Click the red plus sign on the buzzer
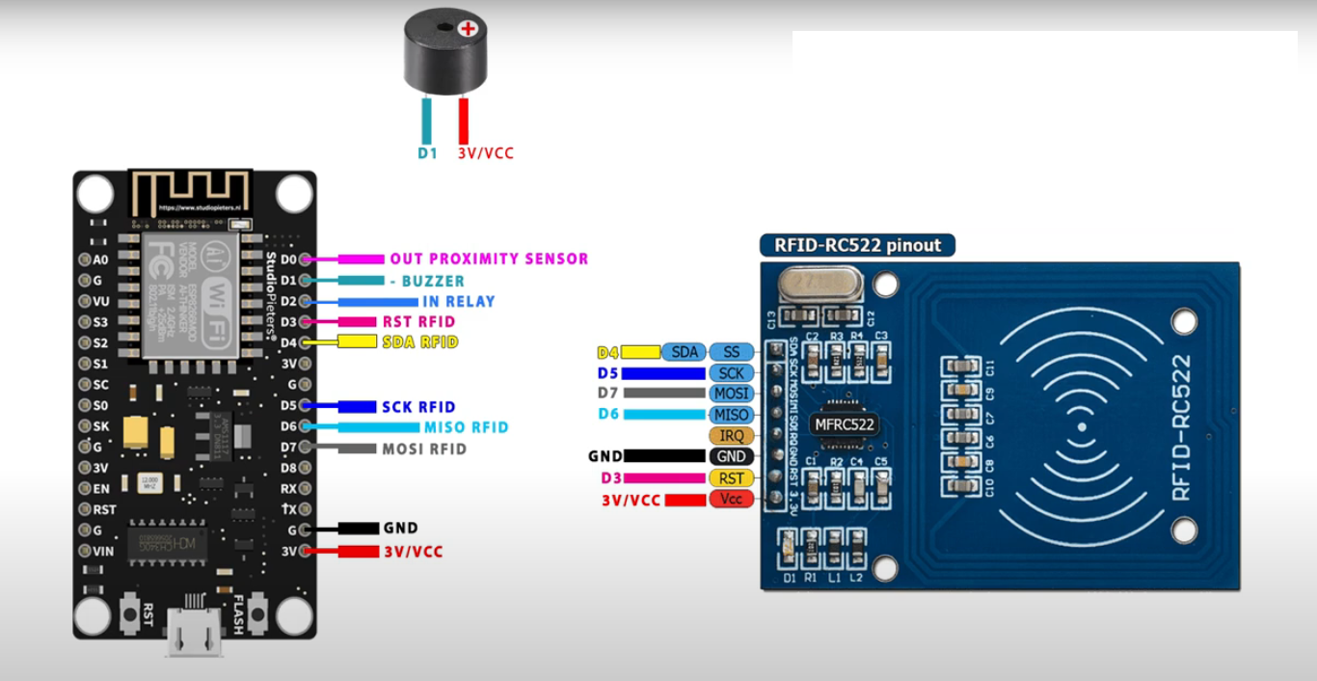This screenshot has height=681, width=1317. pos(469,29)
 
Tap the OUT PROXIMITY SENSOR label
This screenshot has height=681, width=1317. pos(488,259)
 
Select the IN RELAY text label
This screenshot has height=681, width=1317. pos(458,301)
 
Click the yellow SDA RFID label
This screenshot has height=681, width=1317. pos(419,342)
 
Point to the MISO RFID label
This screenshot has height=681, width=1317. pos(466,427)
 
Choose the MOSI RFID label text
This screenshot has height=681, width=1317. pos(424,449)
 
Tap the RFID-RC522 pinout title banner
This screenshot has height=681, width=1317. pos(857,245)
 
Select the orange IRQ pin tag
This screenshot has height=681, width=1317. pos(731,436)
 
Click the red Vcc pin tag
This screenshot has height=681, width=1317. pos(731,500)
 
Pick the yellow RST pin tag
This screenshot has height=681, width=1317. pos(731,478)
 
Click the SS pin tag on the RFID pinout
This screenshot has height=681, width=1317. pos(731,352)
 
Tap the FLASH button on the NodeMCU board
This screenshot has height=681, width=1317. pos(257,612)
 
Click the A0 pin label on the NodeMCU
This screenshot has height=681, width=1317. pos(100,260)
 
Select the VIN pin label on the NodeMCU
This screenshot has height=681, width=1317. pos(102,551)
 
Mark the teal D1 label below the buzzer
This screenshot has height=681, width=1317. pos(427,153)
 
